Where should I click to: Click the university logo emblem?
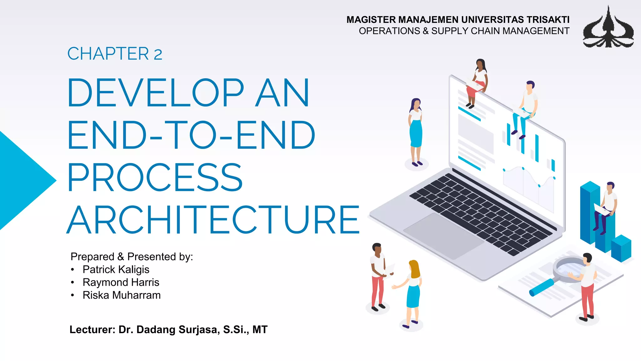click(608, 28)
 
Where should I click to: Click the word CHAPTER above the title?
click(108, 54)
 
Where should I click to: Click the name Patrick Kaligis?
click(116, 269)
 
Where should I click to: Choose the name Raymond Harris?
click(121, 282)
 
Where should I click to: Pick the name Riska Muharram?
click(121, 295)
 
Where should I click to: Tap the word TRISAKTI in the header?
click(548, 20)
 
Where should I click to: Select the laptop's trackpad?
click(443, 235)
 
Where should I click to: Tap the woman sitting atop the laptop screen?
click(477, 81)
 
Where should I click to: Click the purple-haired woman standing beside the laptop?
click(416, 132)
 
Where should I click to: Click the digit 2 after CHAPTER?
click(158, 55)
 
